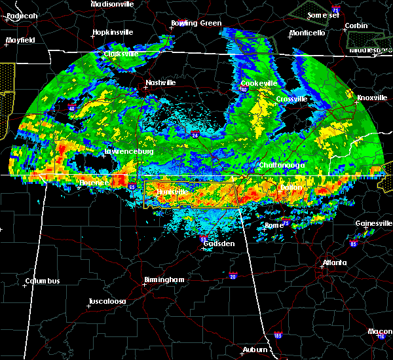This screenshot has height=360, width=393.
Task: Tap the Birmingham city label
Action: click(x=164, y=279)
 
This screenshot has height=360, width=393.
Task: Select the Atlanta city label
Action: click(x=334, y=263)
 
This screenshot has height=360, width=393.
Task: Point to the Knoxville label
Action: click(x=371, y=98)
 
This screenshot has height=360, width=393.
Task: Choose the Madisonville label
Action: click(x=112, y=4)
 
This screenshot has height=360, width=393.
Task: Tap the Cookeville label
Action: click(x=259, y=83)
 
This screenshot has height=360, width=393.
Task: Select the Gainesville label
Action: click(x=374, y=223)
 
